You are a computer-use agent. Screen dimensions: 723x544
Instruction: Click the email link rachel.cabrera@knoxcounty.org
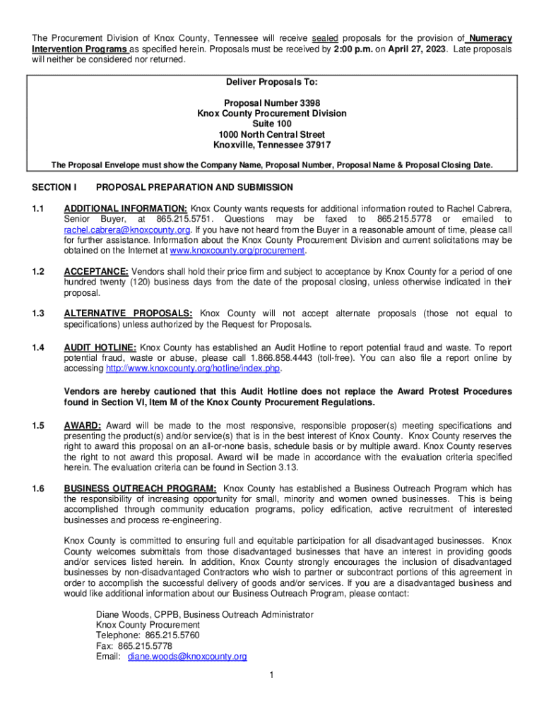pos(127,230)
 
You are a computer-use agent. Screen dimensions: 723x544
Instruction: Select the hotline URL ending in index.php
pos(193,369)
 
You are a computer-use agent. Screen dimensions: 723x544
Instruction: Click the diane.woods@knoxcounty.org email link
pos(187,657)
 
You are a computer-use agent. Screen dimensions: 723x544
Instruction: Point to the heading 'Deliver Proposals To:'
pos(272,82)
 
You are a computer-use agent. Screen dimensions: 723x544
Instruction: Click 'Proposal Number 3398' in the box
pos(272,103)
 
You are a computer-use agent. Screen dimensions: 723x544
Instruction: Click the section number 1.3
pos(38,313)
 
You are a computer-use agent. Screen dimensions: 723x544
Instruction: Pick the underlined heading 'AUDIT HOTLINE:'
pos(100,347)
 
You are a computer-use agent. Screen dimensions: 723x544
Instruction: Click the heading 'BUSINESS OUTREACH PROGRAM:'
pos(140,488)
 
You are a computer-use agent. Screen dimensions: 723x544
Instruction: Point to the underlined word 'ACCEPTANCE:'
pos(96,272)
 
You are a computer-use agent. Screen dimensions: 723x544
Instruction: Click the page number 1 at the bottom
pos(271,675)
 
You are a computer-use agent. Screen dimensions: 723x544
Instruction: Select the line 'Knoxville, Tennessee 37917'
pos(272,145)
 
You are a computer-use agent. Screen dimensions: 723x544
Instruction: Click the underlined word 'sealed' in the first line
pos(325,38)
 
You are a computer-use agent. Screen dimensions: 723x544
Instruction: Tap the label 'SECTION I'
pos(54,188)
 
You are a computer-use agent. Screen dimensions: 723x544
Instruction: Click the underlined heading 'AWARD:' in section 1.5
pos(83,426)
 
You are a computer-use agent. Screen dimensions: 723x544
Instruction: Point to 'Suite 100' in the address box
pos(272,124)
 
